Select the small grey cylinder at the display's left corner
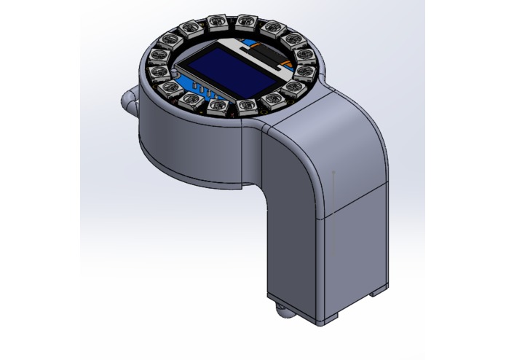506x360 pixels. [x=179, y=74]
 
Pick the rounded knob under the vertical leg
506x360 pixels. [x=281, y=313]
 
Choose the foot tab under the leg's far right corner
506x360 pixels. [x=377, y=291]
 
